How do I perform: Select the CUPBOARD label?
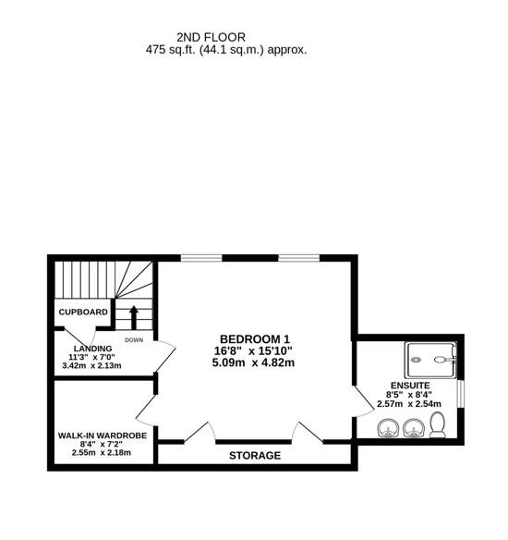pos(84,313)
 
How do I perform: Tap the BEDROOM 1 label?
pos(254,338)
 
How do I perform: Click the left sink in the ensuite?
pos(387,427)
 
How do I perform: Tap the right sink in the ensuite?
pos(412,427)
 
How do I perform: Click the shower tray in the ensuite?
pos(430,356)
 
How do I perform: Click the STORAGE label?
pos(255,456)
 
